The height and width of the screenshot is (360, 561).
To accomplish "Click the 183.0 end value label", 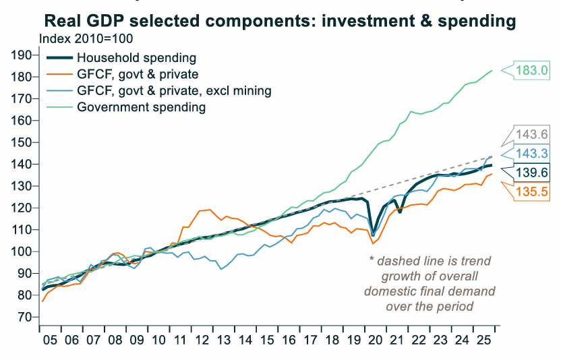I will point(532,69).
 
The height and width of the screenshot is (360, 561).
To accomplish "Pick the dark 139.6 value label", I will point(532,173).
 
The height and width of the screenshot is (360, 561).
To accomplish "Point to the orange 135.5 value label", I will point(532,191).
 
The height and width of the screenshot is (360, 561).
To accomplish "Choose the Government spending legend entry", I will point(141,107).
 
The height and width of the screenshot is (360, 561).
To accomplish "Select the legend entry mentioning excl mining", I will point(175,90).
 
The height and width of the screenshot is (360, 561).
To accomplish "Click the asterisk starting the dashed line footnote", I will point(371,260).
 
